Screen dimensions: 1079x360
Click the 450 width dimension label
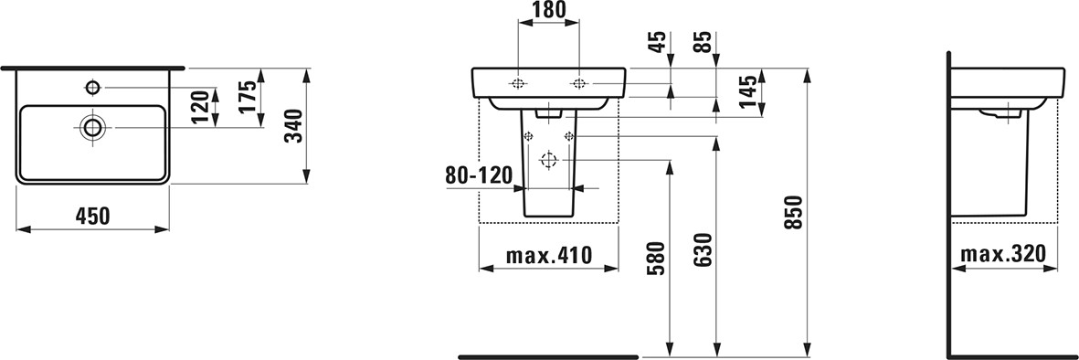tap(92, 217)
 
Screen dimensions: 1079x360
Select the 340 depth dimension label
tap(294, 125)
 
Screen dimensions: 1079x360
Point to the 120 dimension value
tap(201, 108)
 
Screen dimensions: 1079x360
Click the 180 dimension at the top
tap(548, 10)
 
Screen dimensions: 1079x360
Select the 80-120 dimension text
tap(479, 175)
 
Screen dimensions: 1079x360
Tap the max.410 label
tap(548, 255)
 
